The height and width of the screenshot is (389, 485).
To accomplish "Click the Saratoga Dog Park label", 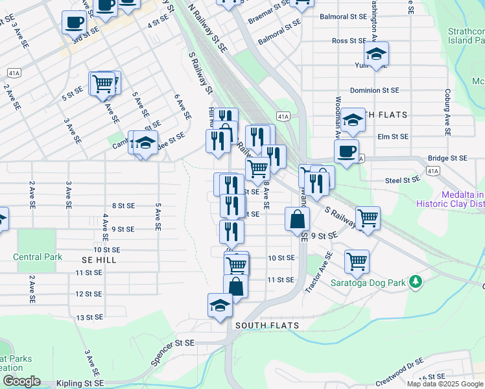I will pos(368,283).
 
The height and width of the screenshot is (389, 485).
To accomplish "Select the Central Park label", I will pos(38,257).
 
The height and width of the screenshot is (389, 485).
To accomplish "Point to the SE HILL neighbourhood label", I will pos(99,259).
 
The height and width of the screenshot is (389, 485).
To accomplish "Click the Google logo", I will pos(21,381).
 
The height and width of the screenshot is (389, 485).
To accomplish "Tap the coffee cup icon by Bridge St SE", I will pos(346,152).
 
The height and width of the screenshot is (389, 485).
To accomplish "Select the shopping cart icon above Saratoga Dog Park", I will pos(357,261).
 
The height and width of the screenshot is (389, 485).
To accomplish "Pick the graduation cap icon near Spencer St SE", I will pos(220,305).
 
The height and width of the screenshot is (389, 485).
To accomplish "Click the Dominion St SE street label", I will pos(374,91).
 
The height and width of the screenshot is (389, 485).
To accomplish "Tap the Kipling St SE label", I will pos(80,384).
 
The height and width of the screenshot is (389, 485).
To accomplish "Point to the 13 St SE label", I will pos(89,318).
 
